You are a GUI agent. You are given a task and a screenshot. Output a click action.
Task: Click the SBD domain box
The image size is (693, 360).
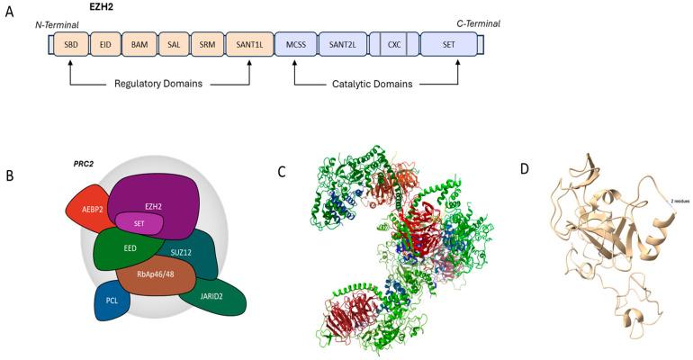[70, 43]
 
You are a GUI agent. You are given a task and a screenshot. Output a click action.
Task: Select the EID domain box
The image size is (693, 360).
[105, 43]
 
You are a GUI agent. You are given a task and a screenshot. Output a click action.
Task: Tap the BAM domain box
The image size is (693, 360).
[140, 43]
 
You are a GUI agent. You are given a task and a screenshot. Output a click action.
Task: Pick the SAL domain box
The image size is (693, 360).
[175, 43]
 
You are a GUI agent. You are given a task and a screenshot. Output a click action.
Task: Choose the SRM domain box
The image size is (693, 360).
[206, 43]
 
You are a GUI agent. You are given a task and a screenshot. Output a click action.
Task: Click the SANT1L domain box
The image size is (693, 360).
[247, 43]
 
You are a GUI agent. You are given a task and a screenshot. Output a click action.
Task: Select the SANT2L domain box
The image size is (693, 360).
[342, 43]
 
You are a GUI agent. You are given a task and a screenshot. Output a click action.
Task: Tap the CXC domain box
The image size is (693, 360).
[393, 43]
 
